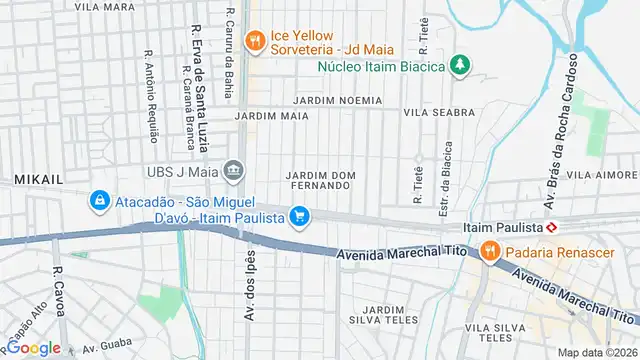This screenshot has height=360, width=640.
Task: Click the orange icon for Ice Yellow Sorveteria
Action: [256, 40]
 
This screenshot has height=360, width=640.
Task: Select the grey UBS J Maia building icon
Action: [234, 169]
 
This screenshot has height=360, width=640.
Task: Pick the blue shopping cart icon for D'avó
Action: [298, 216]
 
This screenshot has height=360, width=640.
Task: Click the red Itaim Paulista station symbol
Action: [566, 227]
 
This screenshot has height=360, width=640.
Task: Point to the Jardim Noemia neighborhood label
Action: [337, 101]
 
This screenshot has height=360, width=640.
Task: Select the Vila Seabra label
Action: [438, 113]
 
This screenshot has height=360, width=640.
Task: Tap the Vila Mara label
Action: [104, 6]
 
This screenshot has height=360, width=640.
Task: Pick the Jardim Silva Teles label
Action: [383, 316]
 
